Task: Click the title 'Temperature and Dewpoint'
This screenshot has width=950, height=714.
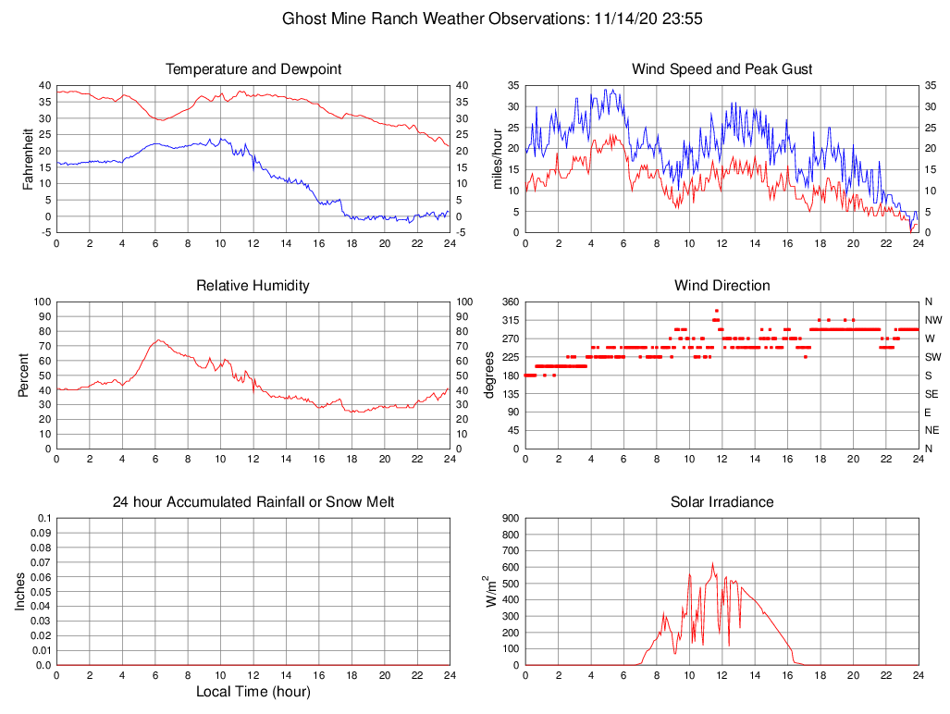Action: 253,69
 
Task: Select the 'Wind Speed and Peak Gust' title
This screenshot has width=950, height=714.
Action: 722,69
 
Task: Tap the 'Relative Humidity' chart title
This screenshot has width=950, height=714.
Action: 253,286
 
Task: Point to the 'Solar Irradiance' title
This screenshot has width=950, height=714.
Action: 722,502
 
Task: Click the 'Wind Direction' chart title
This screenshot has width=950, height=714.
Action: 722,286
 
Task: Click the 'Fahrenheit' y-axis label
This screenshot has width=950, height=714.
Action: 29,158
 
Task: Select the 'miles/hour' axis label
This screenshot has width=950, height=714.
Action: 498,158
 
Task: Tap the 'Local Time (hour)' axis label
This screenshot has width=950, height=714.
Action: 253,692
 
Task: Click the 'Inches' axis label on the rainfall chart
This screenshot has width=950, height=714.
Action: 20,592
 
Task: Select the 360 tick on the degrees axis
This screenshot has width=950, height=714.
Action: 508,302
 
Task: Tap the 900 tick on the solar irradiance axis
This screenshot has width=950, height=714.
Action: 508,518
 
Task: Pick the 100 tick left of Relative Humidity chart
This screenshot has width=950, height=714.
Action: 41,302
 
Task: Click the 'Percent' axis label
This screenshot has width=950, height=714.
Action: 23,375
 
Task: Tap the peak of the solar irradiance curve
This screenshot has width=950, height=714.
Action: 712,563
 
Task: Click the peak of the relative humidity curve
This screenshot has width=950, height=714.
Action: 158,339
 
